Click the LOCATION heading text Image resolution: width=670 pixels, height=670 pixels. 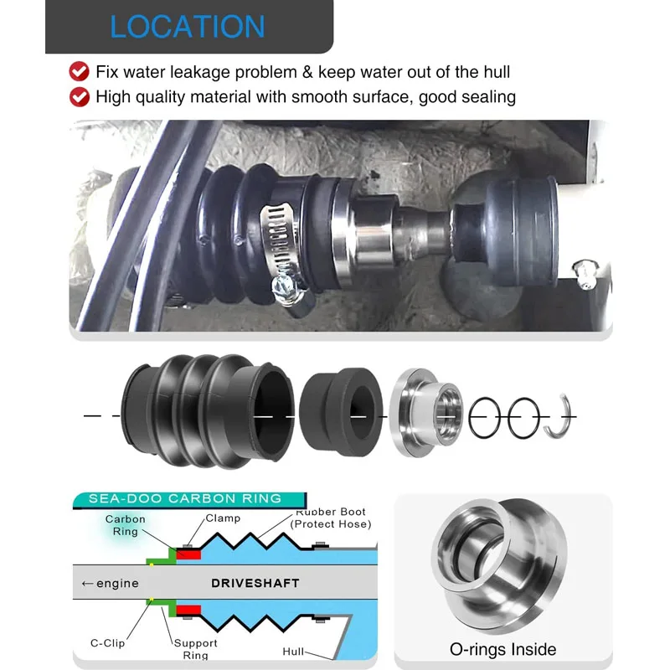[x=187, y=27]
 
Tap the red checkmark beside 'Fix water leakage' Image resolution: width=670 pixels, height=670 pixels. [x=79, y=71]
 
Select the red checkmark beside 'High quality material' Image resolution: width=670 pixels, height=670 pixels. [x=79, y=96]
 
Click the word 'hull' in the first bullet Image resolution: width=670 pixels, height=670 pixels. [x=497, y=72]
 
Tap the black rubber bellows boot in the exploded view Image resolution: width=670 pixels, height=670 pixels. [x=208, y=411]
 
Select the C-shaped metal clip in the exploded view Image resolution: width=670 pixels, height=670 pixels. [x=559, y=416]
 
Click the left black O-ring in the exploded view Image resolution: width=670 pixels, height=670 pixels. [x=484, y=417]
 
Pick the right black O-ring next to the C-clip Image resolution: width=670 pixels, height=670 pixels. [x=523, y=417]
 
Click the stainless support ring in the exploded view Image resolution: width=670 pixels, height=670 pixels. [x=426, y=413]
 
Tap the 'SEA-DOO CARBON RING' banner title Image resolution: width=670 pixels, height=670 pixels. [x=185, y=498]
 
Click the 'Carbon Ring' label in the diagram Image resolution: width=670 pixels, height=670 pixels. [x=125, y=525]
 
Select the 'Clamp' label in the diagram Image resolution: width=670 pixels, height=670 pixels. [x=223, y=518]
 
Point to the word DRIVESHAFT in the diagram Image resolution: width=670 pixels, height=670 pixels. [x=255, y=583]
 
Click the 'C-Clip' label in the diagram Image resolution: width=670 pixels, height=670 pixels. [x=108, y=643]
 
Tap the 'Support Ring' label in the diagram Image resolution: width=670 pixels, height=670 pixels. [x=196, y=649]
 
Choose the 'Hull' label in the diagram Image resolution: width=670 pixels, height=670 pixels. [x=293, y=652]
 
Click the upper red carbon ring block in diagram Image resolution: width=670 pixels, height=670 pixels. [x=188, y=554]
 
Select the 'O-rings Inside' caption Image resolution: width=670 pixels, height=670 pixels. [x=503, y=650]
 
